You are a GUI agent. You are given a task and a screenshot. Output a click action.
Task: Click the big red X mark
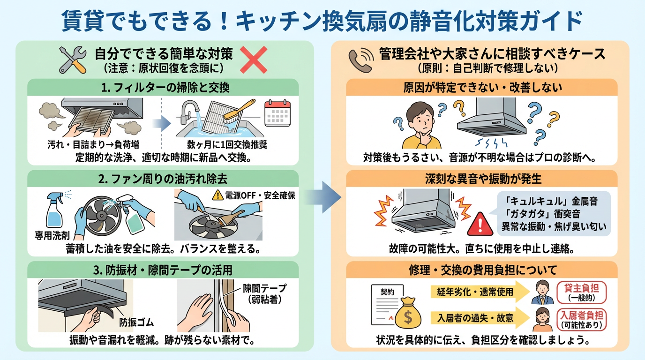[254, 60]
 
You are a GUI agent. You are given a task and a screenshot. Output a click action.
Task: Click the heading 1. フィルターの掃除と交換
[163, 88]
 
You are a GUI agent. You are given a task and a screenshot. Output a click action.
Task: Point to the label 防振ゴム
[136, 323]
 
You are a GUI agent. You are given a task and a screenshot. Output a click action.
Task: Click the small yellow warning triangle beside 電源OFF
[217, 195]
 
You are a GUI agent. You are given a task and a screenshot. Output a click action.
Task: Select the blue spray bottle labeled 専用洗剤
[55, 211]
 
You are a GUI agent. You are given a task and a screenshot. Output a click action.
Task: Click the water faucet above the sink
[188, 109]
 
